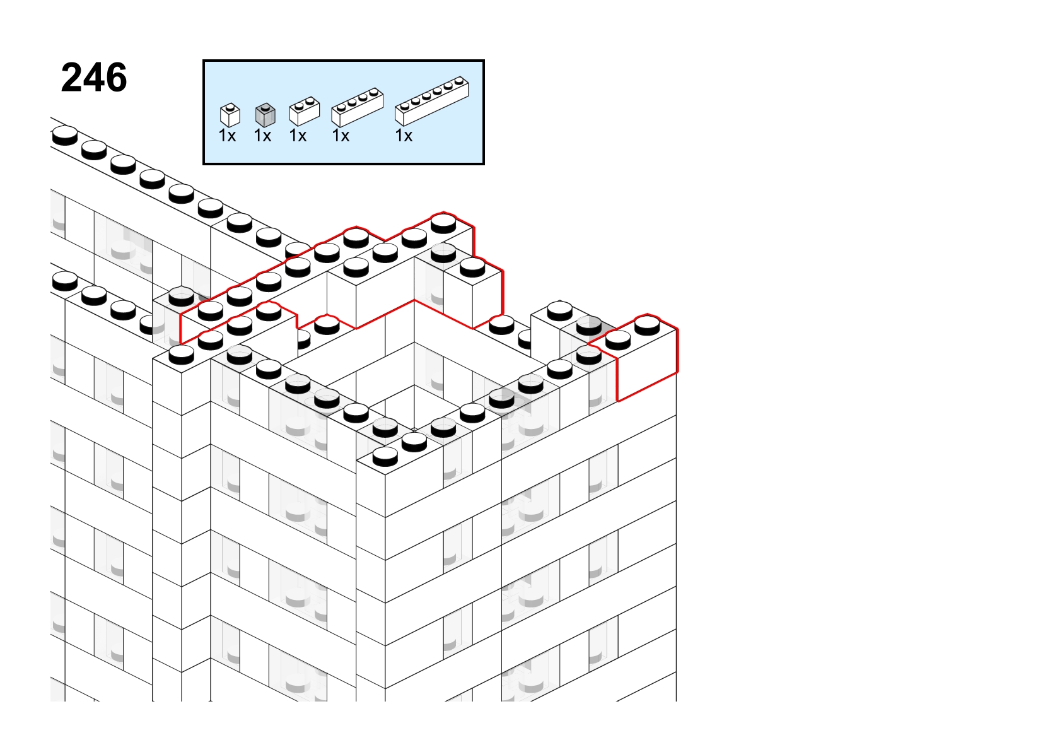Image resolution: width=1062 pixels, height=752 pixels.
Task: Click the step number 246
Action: (x=94, y=78)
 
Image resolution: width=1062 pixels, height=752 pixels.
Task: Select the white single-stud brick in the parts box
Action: (x=230, y=115)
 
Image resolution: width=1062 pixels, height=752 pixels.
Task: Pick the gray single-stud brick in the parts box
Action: (x=265, y=115)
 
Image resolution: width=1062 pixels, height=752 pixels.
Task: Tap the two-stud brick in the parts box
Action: (x=305, y=111)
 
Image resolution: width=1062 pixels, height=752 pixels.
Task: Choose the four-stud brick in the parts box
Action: (x=357, y=107)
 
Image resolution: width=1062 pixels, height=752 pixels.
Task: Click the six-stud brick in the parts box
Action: (x=432, y=101)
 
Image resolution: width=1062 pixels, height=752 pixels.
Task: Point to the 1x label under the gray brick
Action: (x=262, y=136)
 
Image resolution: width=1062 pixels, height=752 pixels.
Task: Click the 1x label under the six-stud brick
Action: (x=404, y=136)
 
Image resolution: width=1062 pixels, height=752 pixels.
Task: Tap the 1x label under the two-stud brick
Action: (x=298, y=136)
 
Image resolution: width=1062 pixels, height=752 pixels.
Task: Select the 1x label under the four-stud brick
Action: (x=341, y=136)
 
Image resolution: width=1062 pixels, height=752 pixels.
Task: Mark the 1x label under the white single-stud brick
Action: (x=227, y=136)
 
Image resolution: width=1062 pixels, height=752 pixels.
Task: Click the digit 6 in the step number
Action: (x=115, y=78)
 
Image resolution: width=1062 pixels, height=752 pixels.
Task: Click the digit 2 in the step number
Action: (x=72, y=78)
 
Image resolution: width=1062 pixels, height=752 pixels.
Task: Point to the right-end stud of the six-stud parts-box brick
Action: (x=459, y=81)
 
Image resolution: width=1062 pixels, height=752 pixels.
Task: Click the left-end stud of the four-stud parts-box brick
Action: (x=341, y=107)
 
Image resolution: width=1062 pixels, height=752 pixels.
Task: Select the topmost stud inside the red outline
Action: (x=443, y=223)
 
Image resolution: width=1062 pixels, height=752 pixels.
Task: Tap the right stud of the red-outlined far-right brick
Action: (x=647, y=326)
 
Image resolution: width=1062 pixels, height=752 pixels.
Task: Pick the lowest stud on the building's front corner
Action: (x=385, y=456)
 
